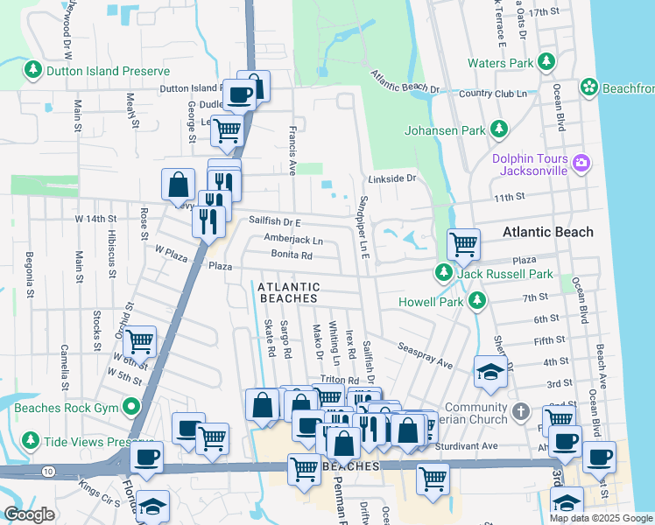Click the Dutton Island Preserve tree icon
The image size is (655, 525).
(x=34, y=68)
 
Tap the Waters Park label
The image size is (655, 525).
(x=500, y=63)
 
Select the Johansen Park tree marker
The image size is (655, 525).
(x=500, y=130)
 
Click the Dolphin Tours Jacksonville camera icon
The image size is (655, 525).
(x=580, y=163)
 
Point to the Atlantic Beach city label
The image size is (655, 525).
(x=547, y=232)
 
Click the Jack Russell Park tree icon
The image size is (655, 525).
(x=444, y=274)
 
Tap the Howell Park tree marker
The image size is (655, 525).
(x=476, y=301)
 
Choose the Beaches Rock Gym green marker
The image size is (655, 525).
(x=131, y=406)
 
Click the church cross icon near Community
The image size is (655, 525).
(x=520, y=410)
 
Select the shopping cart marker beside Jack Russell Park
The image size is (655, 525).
(x=463, y=244)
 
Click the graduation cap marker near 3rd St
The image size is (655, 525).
(x=490, y=371)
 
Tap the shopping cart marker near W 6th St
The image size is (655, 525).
(x=139, y=341)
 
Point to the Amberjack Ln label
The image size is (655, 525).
(x=292, y=239)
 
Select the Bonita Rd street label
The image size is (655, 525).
(x=292, y=255)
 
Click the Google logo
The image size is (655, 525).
(x=29, y=514)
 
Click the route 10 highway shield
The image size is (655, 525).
(x=46, y=472)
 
